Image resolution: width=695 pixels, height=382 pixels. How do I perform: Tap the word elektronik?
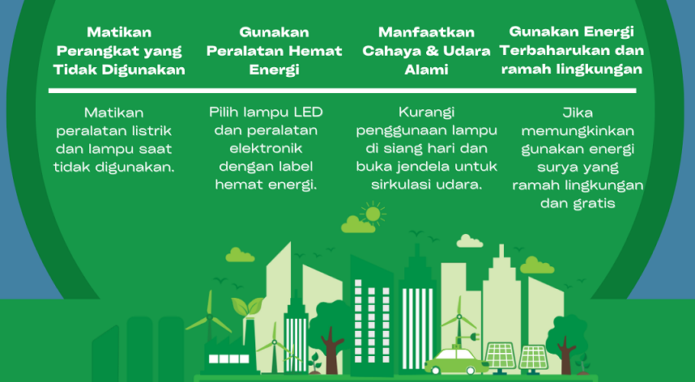pos(266,148)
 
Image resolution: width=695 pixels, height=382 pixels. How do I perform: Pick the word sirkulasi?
pos(401,185)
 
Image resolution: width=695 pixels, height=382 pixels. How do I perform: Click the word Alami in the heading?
pos(426,70)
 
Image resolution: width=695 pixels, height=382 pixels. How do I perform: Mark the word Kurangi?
pos(426,112)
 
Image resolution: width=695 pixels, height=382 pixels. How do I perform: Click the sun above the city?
pos(373,214)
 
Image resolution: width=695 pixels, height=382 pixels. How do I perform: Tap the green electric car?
pos(456,361)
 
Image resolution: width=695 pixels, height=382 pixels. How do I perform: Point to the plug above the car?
pos(473,337)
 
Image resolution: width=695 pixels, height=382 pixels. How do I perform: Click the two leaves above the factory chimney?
pos(247,305)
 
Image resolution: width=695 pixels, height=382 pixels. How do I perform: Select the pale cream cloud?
pos(469,241)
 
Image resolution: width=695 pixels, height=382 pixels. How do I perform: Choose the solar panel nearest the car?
pos(501,358)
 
